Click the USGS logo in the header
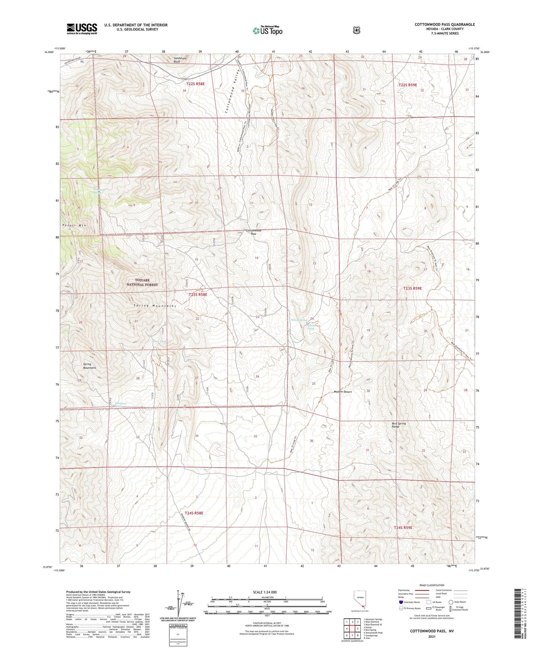tap(82, 29)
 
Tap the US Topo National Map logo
tap(267, 31)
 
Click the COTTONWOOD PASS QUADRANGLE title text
tap(445, 25)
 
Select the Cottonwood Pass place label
tap(253, 232)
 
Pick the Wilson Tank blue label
tap(310, 327)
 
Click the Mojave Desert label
tap(343, 392)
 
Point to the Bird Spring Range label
tap(398, 425)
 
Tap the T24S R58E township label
tap(194, 513)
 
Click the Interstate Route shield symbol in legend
tap(401, 602)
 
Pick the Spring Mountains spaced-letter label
tap(155, 306)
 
